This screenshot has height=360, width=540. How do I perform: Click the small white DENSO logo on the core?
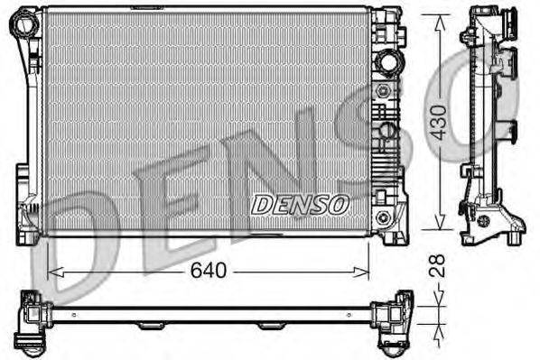click(299, 204)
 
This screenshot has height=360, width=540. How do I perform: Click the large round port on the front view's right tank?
click(388, 63)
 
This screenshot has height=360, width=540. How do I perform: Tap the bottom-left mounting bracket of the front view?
click(25, 221)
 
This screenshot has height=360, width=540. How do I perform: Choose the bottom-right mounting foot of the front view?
click(393, 232)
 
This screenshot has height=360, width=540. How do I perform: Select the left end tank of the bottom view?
click(33, 320)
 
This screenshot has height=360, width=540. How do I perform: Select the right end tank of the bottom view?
click(394, 320)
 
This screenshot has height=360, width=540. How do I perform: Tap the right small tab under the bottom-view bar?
click(268, 326)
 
